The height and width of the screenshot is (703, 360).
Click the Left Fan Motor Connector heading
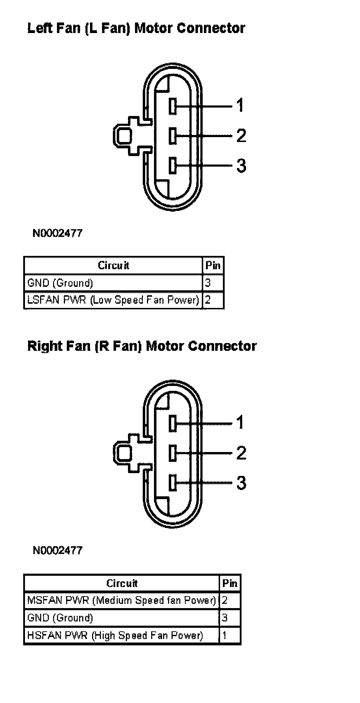click(136, 28)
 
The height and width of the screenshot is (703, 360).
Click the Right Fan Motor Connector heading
click(142, 346)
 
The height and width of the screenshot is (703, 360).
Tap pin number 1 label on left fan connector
click(240, 105)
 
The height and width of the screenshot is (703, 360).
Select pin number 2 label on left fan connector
click(241, 135)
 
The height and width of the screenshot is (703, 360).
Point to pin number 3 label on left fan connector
click(241, 166)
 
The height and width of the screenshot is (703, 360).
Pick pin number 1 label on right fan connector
click(240, 422)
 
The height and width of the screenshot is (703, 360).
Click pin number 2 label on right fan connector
click(241, 452)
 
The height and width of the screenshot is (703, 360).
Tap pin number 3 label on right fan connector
click(241, 483)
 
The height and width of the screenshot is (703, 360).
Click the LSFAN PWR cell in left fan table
click(113, 300)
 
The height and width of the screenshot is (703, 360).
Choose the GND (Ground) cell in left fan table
click(113, 283)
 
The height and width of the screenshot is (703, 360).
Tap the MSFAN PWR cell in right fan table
click(122, 600)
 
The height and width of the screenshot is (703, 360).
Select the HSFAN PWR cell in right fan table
click(122, 636)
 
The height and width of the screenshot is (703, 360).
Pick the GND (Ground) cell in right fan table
click(122, 618)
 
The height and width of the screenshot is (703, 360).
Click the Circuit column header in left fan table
click(113, 265)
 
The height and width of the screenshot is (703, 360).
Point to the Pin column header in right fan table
click(230, 583)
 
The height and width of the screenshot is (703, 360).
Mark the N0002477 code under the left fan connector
click(58, 233)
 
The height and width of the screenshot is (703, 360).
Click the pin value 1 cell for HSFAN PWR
click(230, 636)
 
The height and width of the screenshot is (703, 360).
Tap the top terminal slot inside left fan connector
click(173, 106)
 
